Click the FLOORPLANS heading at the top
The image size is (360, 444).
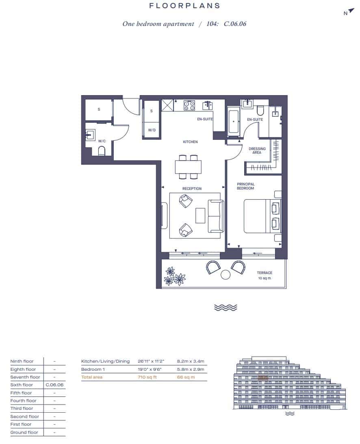coord(184,6)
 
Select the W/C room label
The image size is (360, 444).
coord(102,141)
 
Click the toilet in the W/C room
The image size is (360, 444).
coord(102,151)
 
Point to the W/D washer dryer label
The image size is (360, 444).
coord(152,130)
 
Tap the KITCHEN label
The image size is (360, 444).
coord(190,142)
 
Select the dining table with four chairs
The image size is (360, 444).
coord(188,167)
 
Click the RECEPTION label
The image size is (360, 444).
coord(192,189)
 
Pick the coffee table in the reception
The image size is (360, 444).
coord(200,215)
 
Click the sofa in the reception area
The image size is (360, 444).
coord(215,216)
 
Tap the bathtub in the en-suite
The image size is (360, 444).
coord(234,121)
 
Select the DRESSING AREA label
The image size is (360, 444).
coord(257,150)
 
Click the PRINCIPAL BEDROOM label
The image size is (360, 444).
coord(245,186)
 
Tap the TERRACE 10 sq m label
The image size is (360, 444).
coord(264,275)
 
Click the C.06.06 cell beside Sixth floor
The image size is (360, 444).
coord(54,385)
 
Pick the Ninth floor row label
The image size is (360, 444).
coord(22,361)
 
